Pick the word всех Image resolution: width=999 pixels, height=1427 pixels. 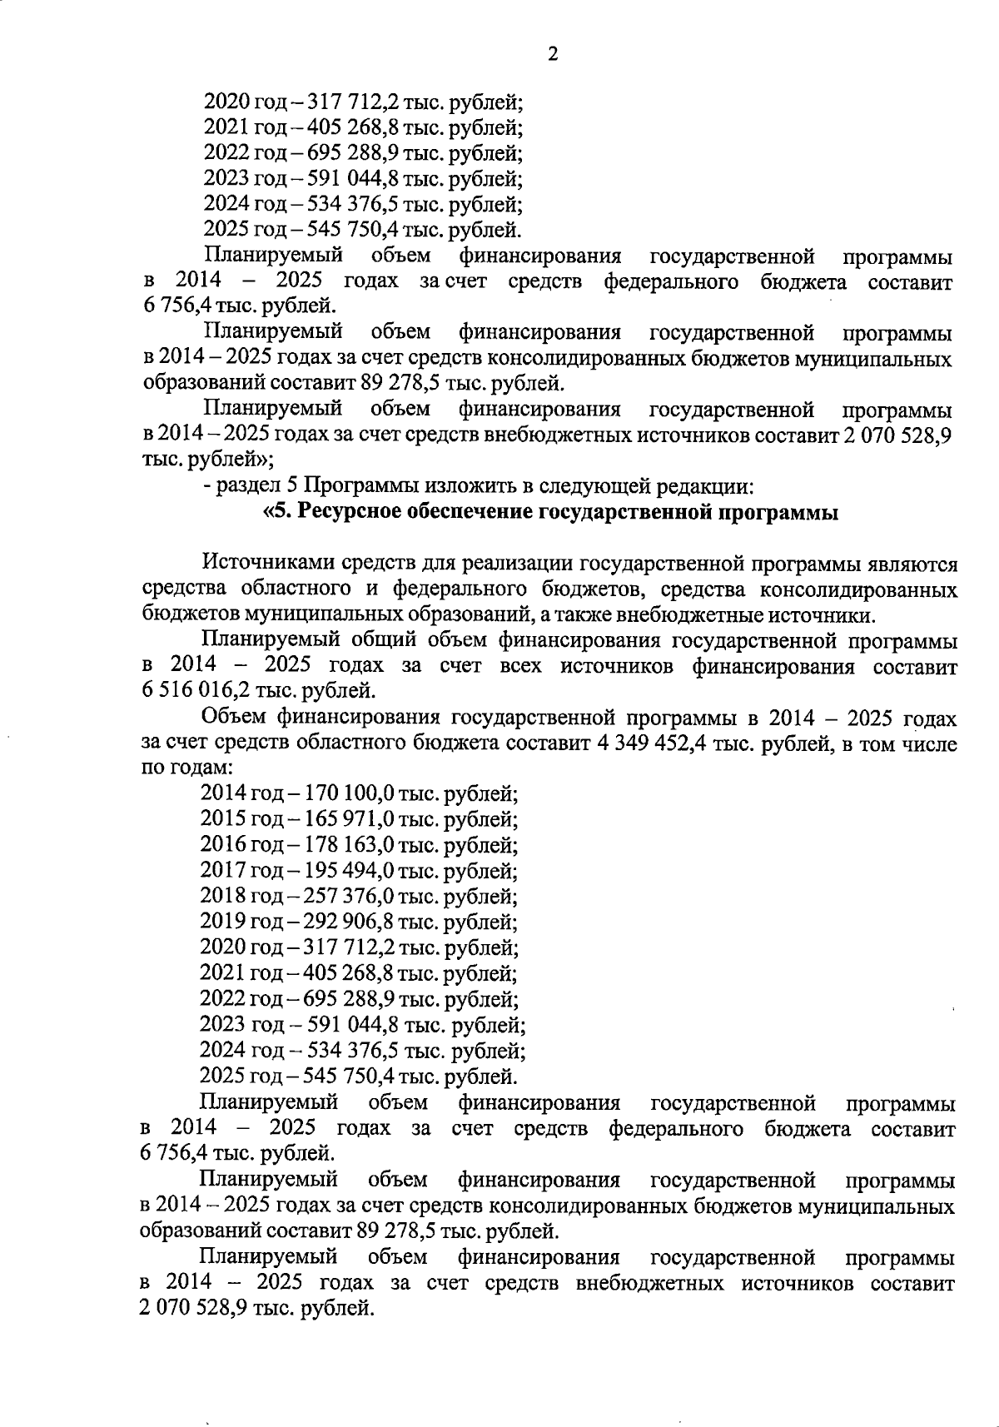(520, 666)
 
